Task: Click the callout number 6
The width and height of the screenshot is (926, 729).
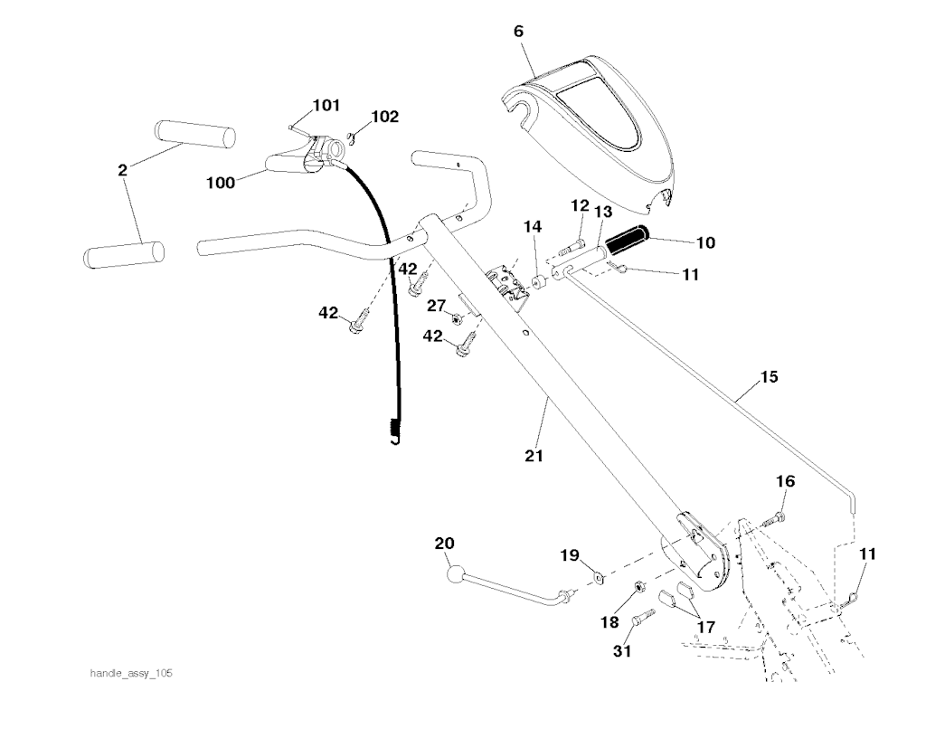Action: pyautogui.click(x=518, y=31)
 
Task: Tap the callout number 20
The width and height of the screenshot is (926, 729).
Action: pyautogui.click(x=444, y=544)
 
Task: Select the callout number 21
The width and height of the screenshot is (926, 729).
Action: pyautogui.click(x=534, y=456)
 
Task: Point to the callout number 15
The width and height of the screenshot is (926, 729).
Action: pyautogui.click(x=769, y=375)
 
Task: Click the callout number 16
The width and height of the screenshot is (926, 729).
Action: pyautogui.click(x=785, y=482)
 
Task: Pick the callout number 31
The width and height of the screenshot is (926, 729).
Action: pyautogui.click(x=623, y=650)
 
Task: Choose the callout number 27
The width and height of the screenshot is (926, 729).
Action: pyautogui.click(x=437, y=307)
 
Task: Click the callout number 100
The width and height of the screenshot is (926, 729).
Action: pyautogui.click(x=221, y=183)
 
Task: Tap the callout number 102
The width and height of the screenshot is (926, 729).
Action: pyautogui.click(x=384, y=117)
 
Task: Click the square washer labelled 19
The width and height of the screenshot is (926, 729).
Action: pyautogui.click(x=598, y=576)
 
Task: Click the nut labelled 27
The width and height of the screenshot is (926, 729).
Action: pyautogui.click(x=456, y=318)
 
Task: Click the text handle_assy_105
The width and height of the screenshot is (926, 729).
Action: pyautogui.click(x=131, y=674)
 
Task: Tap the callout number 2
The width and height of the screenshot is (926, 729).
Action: pyautogui.click(x=123, y=169)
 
